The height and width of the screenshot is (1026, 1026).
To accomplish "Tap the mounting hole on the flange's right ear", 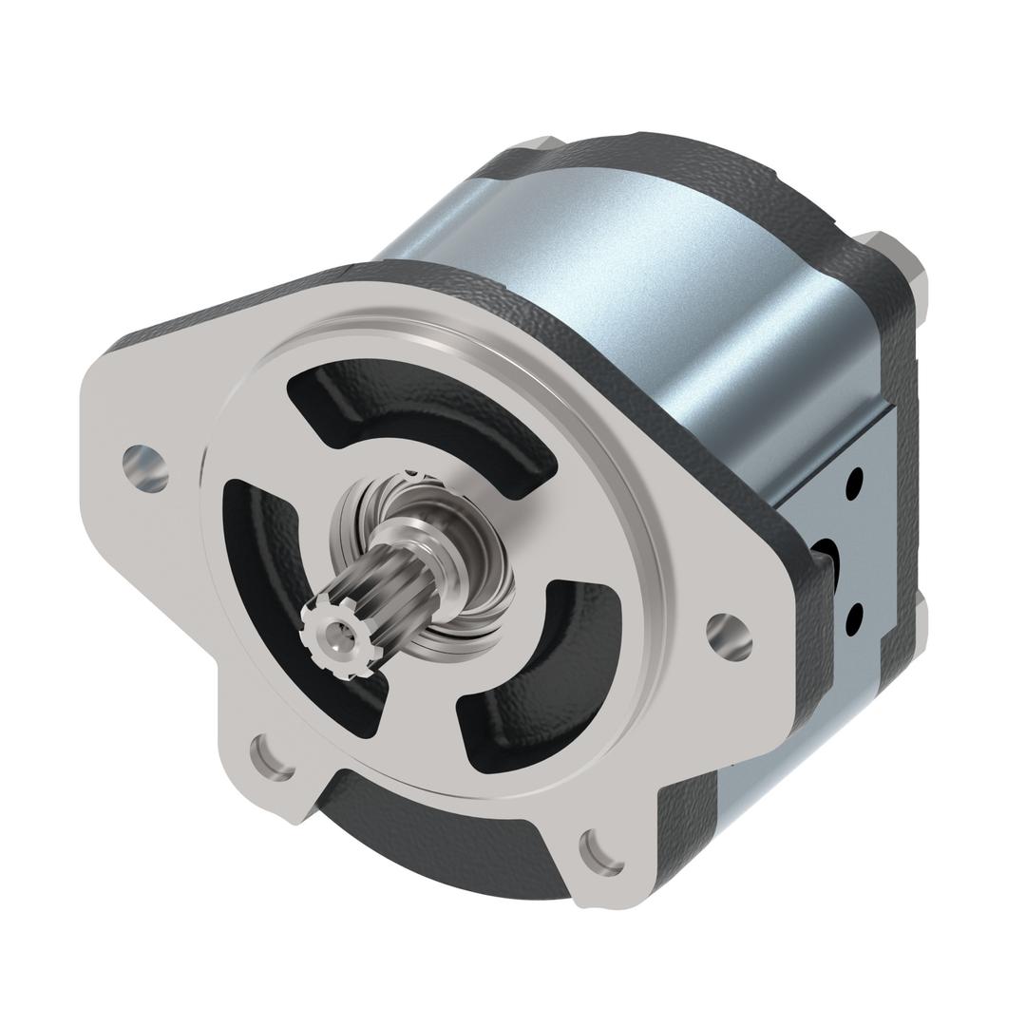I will [x=730, y=636].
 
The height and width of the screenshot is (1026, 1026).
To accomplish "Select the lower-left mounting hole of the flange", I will [x=272, y=756].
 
